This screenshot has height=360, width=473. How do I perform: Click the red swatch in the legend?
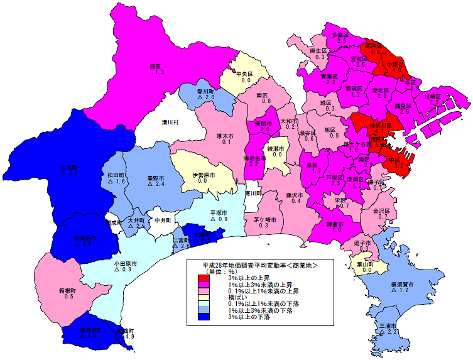(203, 277)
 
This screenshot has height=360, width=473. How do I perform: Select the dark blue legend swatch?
(203, 317)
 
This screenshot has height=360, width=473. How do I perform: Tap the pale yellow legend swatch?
(203, 297)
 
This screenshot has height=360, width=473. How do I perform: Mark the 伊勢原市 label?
(203, 174)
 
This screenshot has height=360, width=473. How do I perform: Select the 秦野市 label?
(156, 177)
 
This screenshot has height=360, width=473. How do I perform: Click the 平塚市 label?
(219, 212)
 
